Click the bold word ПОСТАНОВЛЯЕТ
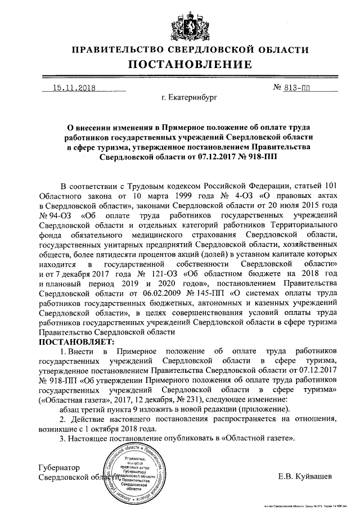pyautogui.click(x=77, y=341)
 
